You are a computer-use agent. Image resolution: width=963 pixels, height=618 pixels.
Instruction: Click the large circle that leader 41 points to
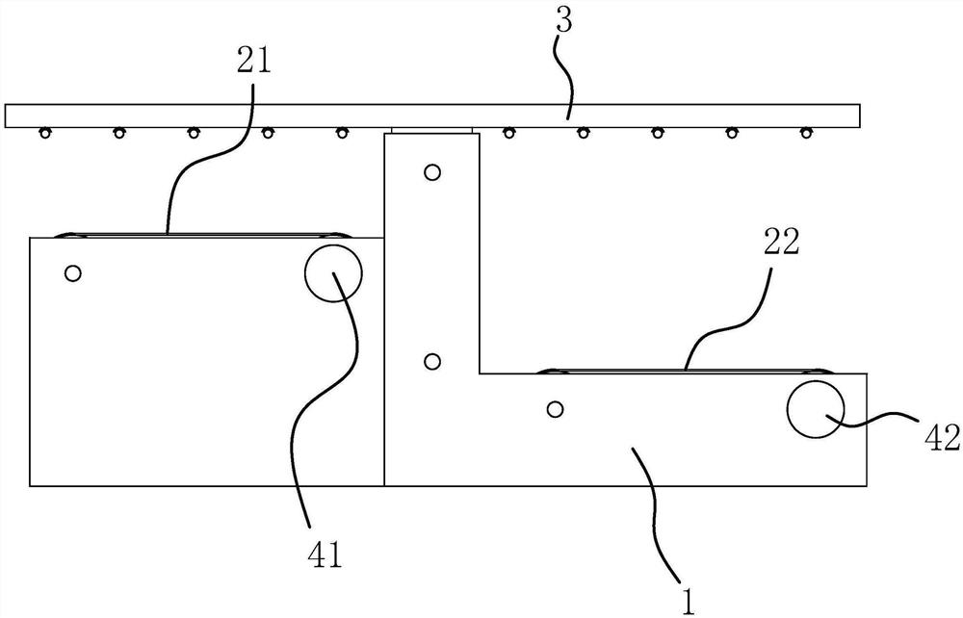click(x=333, y=272)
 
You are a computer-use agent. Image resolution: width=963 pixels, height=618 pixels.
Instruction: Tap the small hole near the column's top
click(x=432, y=173)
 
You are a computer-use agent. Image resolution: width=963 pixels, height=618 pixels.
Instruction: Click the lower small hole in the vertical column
click(x=432, y=362)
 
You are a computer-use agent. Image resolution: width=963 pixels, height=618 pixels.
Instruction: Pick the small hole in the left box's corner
click(x=72, y=273)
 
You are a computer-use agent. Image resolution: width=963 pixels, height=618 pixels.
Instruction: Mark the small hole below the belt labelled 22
click(x=554, y=409)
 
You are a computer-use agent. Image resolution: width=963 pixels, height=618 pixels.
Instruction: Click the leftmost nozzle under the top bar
click(x=44, y=132)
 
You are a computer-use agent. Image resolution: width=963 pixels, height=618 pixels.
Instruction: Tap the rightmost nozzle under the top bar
click(x=805, y=132)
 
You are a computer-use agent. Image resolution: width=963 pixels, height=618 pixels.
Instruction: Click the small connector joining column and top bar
click(x=431, y=129)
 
